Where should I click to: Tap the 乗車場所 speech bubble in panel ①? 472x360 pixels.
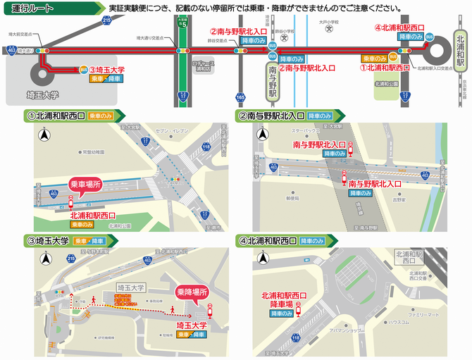point(87,184)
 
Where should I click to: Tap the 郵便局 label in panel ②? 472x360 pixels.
point(292,198)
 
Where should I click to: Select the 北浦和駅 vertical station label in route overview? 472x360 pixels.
point(459,51)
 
